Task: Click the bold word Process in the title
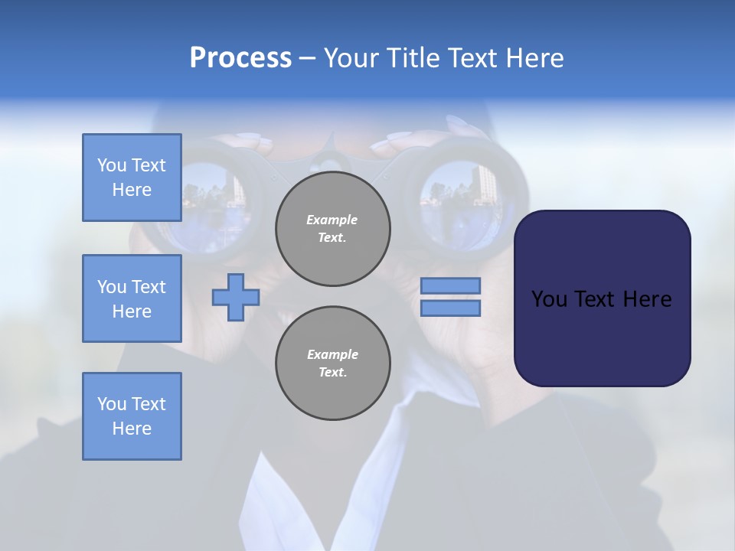(x=240, y=58)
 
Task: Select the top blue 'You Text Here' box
(x=132, y=178)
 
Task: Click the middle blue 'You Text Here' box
(x=132, y=298)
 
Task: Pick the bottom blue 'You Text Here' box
(x=132, y=416)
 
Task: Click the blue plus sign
(x=236, y=297)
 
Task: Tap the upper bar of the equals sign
(x=451, y=285)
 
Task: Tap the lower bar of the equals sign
(x=451, y=308)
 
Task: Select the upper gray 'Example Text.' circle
(x=332, y=229)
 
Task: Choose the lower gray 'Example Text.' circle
(x=332, y=364)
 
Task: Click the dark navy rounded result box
(x=602, y=298)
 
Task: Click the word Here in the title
(x=535, y=58)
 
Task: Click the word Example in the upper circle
(x=332, y=220)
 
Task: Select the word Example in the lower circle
(x=332, y=355)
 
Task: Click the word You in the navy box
(x=549, y=299)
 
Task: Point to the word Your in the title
(x=352, y=58)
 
